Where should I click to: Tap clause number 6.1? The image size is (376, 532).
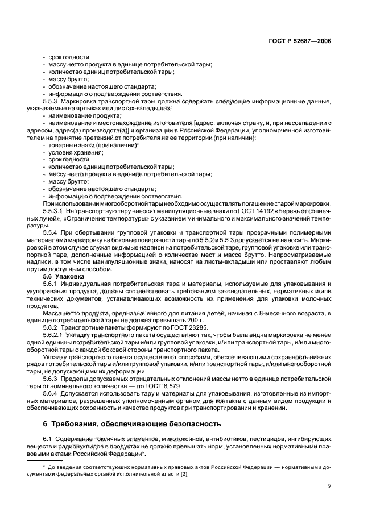(x=48, y=440)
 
